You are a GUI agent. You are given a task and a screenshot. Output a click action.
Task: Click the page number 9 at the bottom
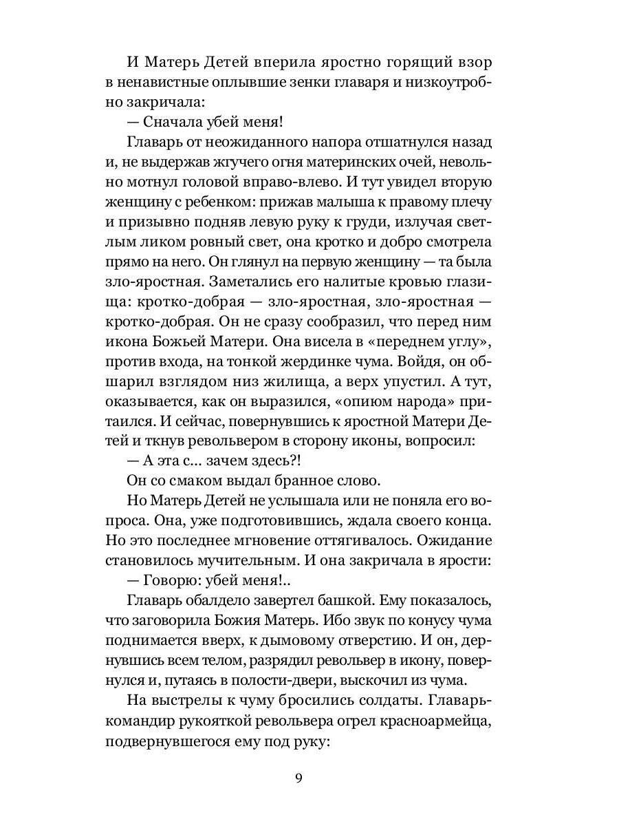[x=298, y=779]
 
